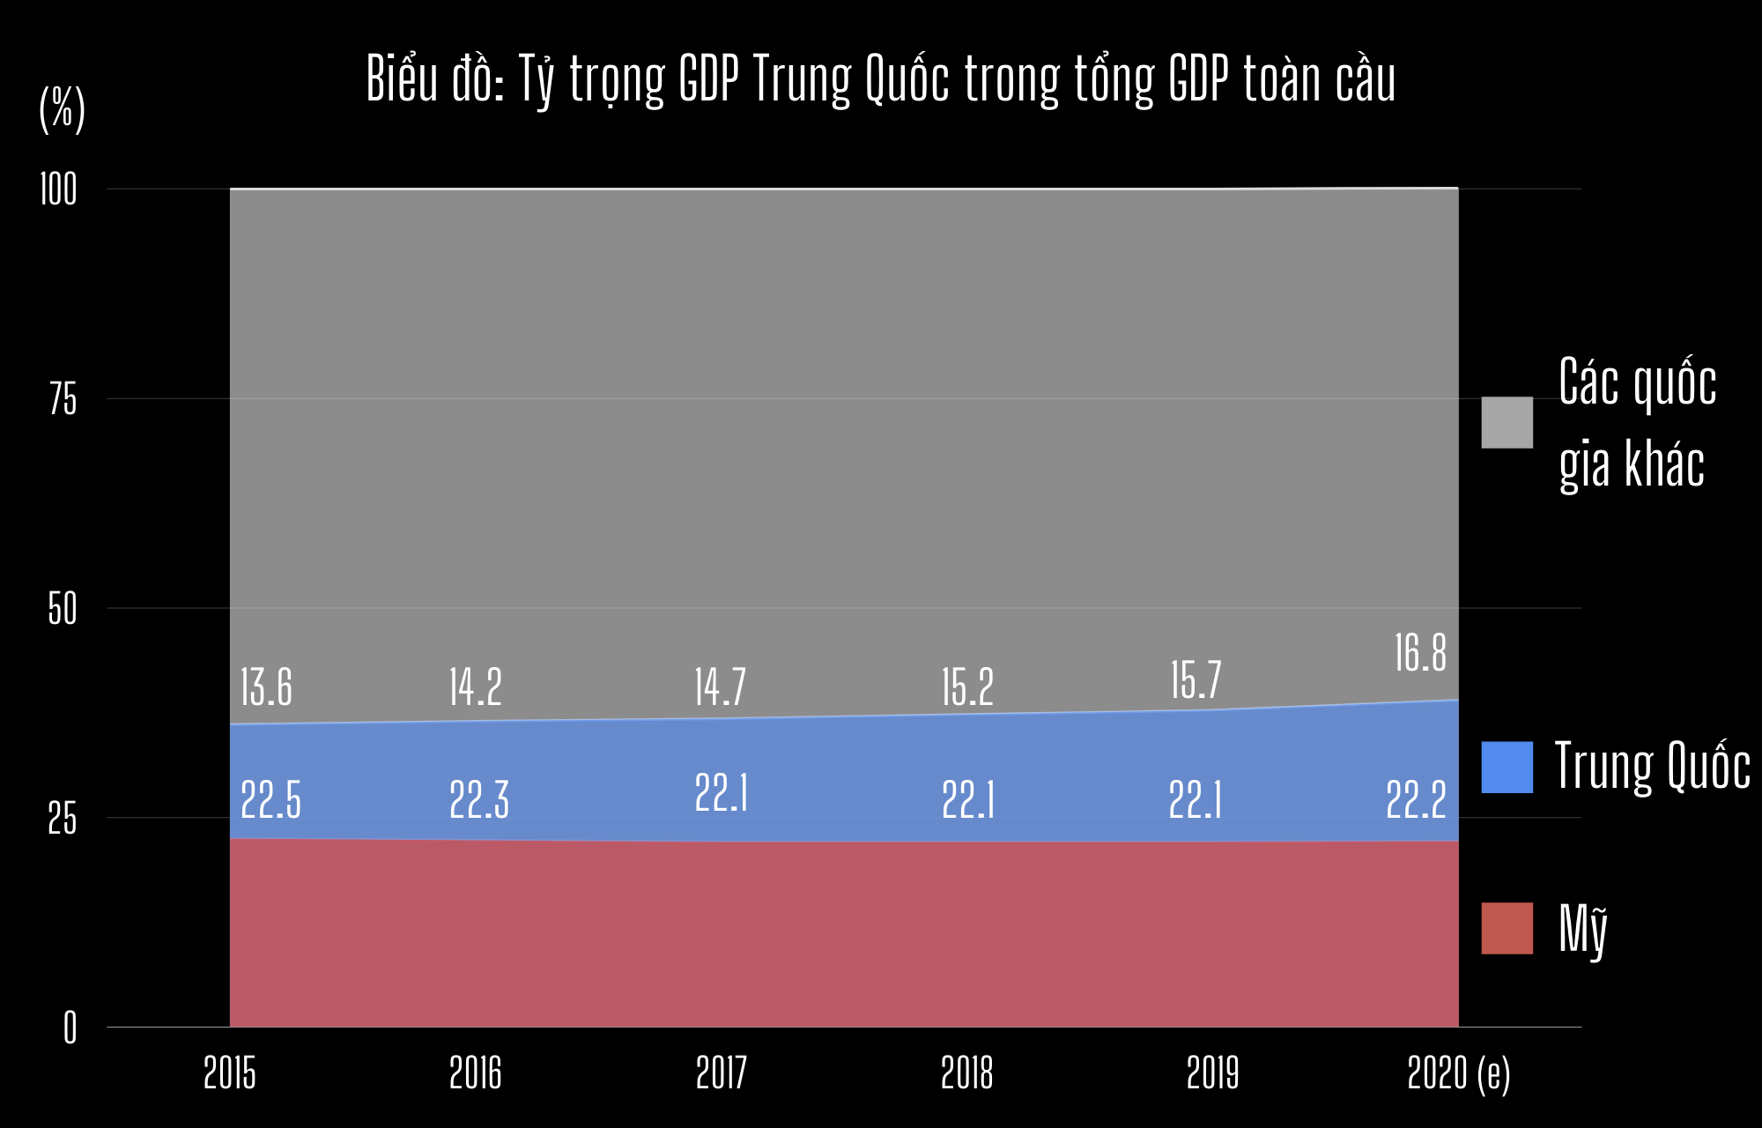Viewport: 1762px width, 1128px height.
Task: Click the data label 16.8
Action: click(x=1420, y=654)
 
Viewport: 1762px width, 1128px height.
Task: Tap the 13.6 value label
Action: click(x=266, y=688)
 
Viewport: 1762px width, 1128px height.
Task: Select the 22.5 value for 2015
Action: click(x=270, y=800)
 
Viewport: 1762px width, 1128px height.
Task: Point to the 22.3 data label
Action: click(x=479, y=800)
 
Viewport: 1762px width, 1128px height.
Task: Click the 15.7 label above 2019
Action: click(x=1196, y=680)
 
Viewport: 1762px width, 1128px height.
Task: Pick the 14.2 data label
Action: click(x=475, y=688)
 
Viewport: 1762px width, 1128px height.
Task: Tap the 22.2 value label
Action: click(x=1416, y=800)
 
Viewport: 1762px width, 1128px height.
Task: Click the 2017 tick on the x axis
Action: click(x=721, y=1073)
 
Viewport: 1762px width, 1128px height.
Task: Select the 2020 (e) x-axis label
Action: click(x=1458, y=1073)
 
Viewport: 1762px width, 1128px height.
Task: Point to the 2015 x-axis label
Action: click(x=229, y=1073)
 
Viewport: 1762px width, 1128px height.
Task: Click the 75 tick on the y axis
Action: click(x=63, y=400)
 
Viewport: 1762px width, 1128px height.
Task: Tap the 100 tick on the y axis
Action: click(x=58, y=190)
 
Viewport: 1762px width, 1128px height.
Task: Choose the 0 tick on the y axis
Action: click(x=70, y=1028)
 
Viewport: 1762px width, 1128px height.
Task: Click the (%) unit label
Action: click(x=62, y=109)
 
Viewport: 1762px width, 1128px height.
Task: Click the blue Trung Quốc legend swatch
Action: click(x=1507, y=767)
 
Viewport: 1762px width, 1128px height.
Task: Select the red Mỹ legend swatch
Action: click(x=1507, y=928)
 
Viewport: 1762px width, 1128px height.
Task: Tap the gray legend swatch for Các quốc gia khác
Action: click(x=1507, y=422)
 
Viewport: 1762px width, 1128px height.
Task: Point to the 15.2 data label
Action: click(x=966, y=688)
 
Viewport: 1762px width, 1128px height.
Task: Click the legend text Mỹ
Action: click(x=1583, y=930)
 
